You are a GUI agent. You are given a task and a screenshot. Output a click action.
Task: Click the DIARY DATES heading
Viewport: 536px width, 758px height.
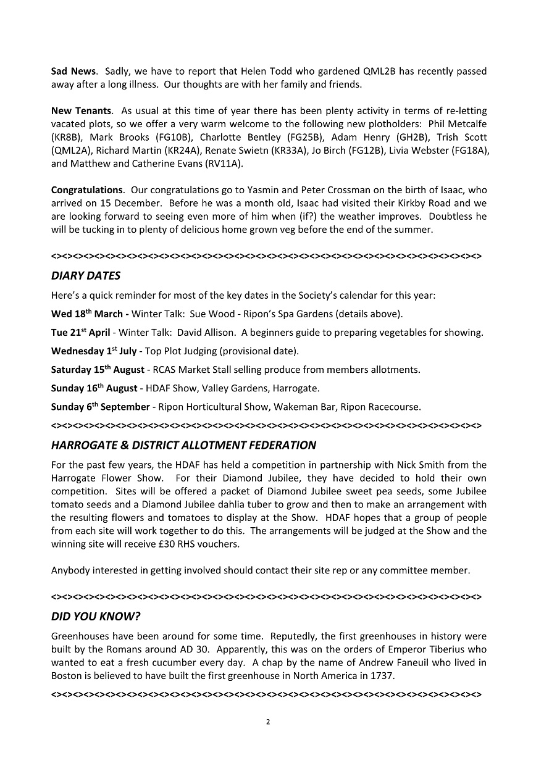click(86, 275)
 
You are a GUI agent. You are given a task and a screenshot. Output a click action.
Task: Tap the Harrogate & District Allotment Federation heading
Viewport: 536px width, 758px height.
click(183, 445)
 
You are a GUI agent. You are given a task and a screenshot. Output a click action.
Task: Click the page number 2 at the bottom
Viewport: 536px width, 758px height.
click(268, 721)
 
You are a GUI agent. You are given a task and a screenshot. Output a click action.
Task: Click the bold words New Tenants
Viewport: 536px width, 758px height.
click(82, 111)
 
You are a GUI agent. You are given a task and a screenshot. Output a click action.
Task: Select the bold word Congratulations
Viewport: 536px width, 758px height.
click(87, 190)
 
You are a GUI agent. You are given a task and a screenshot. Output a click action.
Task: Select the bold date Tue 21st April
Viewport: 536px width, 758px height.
click(80, 332)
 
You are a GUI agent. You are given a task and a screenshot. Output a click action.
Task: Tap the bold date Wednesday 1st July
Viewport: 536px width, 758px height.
click(94, 351)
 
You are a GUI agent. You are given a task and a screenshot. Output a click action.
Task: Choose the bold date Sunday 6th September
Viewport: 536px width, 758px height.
click(100, 407)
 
